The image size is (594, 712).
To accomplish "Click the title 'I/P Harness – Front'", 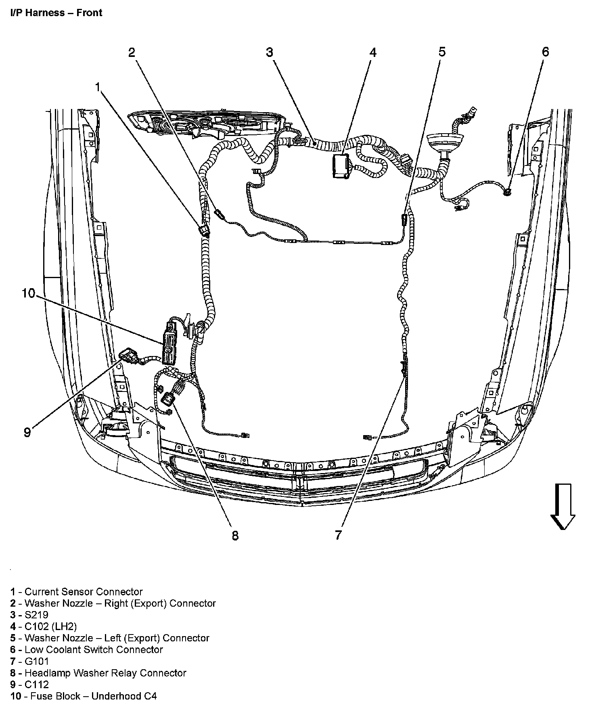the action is click(x=56, y=13).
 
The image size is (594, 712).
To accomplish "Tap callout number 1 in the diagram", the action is click(x=98, y=87).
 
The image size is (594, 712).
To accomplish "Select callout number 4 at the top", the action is click(x=373, y=52).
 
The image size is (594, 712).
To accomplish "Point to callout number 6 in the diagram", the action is click(x=545, y=52).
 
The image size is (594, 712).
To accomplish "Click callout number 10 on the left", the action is click(x=29, y=293).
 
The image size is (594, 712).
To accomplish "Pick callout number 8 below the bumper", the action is click(x=235, y=536).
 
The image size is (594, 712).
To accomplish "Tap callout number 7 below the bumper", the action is click(x=338, y=535).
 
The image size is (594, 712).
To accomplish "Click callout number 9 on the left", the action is click(x=27, y=432).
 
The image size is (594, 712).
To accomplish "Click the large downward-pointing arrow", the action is click(x=563, y=506).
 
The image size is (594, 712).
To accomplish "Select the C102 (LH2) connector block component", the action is click(x=341, y=165).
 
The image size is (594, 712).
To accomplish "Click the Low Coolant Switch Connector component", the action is click(x=508, y=192).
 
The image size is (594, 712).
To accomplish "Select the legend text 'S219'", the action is click(x=36, y=615).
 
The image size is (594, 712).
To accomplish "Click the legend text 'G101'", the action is click(x=36, y=661).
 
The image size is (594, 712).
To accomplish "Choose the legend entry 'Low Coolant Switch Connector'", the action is click(x=94, y=649).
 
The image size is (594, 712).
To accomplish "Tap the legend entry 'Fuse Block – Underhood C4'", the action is click(x=90, y=696).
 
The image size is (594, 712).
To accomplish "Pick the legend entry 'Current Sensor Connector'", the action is click(x=84, y=592).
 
